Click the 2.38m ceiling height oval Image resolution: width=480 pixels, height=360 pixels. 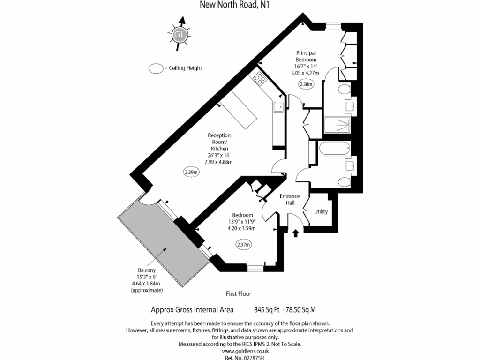(x=306, y=84)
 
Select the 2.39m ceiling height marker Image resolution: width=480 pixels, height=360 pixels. (x=191, y=172)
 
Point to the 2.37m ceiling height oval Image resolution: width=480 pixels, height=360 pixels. (x=243, y=244)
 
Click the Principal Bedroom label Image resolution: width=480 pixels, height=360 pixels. (x=306, y=56)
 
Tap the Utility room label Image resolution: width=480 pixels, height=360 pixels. (x=321, y=211)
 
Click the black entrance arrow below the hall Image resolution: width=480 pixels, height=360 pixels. (x=295, y=233)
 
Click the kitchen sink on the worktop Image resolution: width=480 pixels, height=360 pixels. (x=278, y=106)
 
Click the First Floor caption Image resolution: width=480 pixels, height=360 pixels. (x=239, y=294)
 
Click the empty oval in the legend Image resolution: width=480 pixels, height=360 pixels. (x=156, y=68)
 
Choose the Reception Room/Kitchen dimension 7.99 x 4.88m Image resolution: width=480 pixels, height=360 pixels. (x=218, y=162)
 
